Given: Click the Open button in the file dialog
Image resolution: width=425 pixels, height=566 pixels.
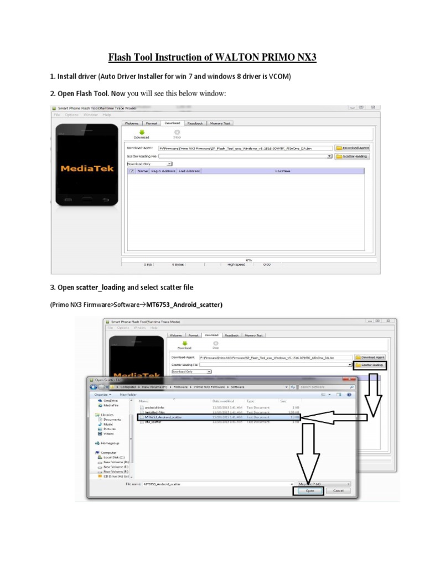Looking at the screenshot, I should pyautogui.click(x=310, y=490).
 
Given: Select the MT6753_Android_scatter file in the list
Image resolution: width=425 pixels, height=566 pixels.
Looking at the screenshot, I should pyautogui.click(x=163, y=417).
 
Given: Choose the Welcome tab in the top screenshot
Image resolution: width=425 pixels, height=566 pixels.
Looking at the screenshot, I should pyautogui.click(x=131, y=123).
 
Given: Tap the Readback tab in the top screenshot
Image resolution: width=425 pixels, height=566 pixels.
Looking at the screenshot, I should pyautogui.click(x=195, y=123).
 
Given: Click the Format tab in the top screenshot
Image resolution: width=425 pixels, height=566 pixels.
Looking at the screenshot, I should pyautogui.click(x=152, y=123).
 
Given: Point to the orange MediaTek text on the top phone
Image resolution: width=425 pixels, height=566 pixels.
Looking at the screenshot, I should pyautogui.click(x=87, y=168).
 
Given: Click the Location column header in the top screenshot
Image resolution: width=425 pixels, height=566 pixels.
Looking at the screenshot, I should pyautogui.click(x=282, y=171).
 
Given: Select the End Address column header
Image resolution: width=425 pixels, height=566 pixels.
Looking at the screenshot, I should pyautogui.click(x=189, y=171).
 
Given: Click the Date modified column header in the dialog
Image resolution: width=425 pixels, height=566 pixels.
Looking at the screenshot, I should pyautogui.click(x=224, y=401).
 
